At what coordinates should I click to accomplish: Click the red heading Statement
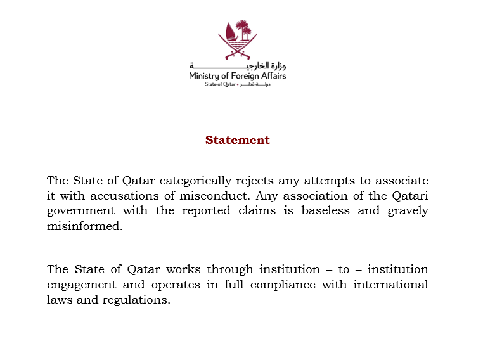click(x=237, y=140)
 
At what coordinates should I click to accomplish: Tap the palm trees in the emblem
click(x=243, y=29)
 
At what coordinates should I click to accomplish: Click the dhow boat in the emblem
click(x=229, y=33)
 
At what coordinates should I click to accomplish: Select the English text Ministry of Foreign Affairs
click(x=237, y=76)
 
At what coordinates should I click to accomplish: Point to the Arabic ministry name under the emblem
click(x=237, y=65)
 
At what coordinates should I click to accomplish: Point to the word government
click(x=81, y=211)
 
